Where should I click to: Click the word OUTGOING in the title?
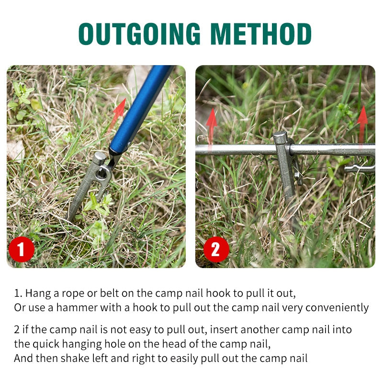139,34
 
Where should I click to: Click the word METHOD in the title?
260,34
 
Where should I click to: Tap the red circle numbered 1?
21,249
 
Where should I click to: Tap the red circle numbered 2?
216,249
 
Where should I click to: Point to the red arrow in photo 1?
117,115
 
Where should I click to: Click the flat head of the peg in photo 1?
100,158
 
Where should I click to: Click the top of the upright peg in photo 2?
280,136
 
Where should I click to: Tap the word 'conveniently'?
337,308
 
